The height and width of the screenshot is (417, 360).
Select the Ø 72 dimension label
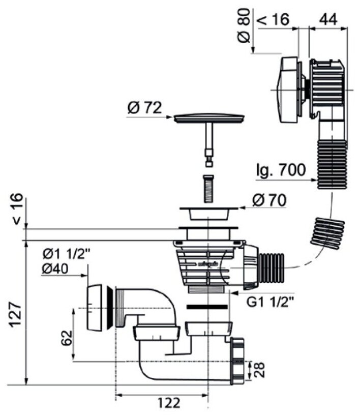tap(145, 108)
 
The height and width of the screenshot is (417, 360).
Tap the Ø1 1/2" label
tap(67, 253)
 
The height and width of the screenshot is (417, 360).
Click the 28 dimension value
tap(259, 369)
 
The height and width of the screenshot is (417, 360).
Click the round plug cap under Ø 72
tap(209, 118)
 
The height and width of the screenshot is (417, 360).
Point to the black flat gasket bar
tap(208, 307)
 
